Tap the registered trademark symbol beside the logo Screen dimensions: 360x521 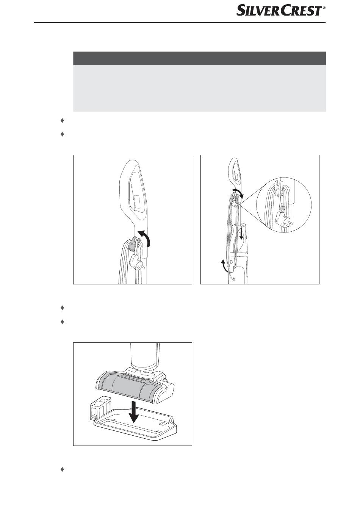pyautogui.click(x=324, y=8)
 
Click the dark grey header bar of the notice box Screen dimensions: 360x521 pyautogui.click(x=199, y=58)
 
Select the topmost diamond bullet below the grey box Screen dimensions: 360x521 pyautogui.click(x=62, y=121)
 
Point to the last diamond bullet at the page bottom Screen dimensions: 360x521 pyautogui.click(x=62, y=469)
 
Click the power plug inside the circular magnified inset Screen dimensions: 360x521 pyautogui.click(x=283, y=219)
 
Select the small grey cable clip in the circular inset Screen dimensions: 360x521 pyautogui.click(x=282, y=208)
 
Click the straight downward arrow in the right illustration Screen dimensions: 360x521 pyautogui.click(x=241, y=233)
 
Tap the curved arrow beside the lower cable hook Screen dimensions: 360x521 pyautogui.click(x=224, y=266)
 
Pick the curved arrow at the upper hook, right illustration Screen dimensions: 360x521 pyautogui.click(x=239, y=192)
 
